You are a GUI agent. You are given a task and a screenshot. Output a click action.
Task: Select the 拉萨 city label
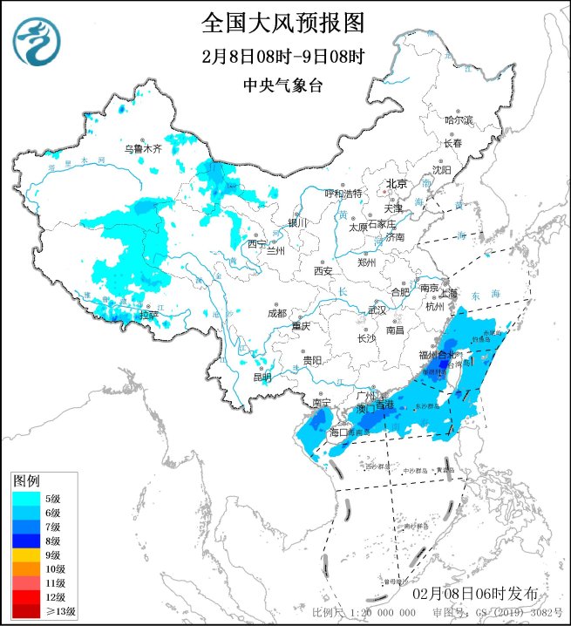(149, 313)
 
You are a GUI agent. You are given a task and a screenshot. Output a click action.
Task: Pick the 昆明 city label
(262, 378)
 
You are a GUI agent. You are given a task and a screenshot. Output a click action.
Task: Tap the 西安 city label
(323, 271)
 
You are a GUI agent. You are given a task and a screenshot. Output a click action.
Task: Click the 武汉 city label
(377, 310)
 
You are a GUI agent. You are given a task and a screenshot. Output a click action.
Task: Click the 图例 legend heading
(26, 480)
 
